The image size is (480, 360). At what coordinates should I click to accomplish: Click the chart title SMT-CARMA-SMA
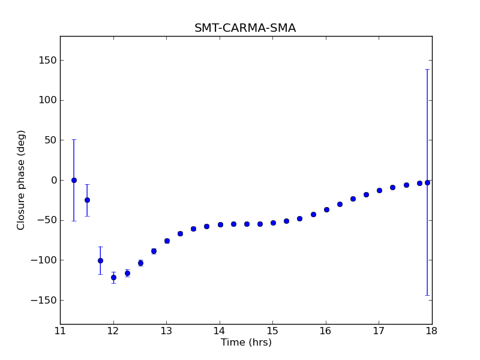[x=245, y=28]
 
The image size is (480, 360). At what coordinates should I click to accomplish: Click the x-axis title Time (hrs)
[x=246, y=343]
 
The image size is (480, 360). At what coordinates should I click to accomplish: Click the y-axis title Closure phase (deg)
[x=22, y=180]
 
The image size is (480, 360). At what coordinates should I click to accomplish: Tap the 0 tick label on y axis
[x=53, y=180]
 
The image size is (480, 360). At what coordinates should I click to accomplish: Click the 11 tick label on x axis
[x=60, y=331]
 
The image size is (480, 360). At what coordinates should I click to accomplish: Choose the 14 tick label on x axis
[x=220, y=331]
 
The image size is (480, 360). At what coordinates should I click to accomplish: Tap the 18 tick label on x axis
[x=432, y=331]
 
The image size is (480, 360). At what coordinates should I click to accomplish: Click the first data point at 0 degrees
[x=74, y=180]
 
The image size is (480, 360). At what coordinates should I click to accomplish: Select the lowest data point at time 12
[x=113, y=277]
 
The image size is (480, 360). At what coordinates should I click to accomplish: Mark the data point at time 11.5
[x=87, y=200]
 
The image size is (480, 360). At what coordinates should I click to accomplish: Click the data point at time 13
[x=167, y=241]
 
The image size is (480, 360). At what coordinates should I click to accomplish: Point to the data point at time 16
[x=326, y=209]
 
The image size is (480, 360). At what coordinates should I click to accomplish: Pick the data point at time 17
[x=379, y=190]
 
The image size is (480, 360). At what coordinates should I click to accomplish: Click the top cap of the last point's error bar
[x=427, y=69]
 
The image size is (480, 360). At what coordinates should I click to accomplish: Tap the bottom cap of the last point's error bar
[x=427, y=295]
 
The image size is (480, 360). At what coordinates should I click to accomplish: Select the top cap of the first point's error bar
[x=74, y=139]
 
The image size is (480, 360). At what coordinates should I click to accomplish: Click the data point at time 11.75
[x=100, y=260]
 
